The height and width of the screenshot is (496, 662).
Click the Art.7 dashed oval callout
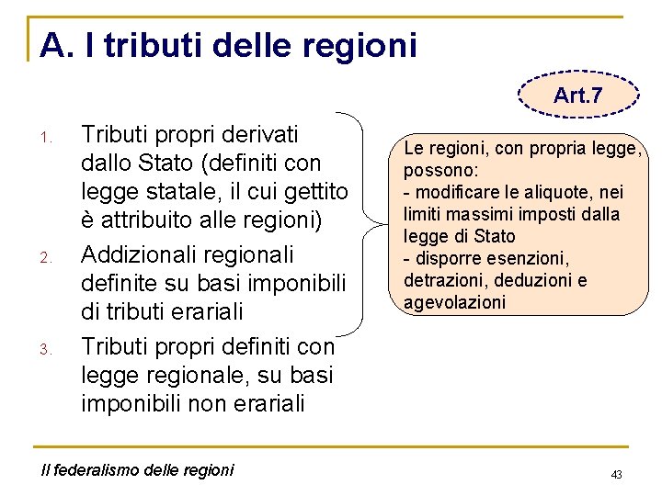coord(577,95)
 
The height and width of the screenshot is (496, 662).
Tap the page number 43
coord(616,474)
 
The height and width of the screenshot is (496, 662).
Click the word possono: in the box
coord(439,170)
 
